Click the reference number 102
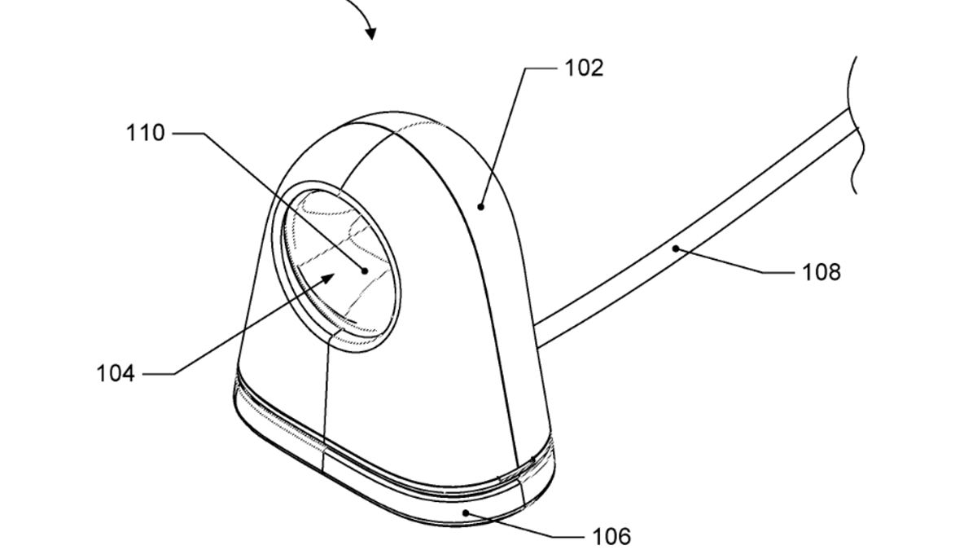pos(584,68)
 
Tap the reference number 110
pos(146,133)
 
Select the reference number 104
pos(116,374)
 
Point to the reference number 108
pos(821,272)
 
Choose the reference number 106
pos(611,536)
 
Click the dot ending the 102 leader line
pos(480,207)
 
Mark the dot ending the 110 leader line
pos(365,271)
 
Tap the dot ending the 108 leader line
pos(676,249)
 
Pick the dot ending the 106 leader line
pos(466,513)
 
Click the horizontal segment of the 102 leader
pos(541,68)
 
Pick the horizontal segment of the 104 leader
pos(160,374)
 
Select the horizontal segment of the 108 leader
pos(778,273)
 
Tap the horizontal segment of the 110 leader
pos(188,133)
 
